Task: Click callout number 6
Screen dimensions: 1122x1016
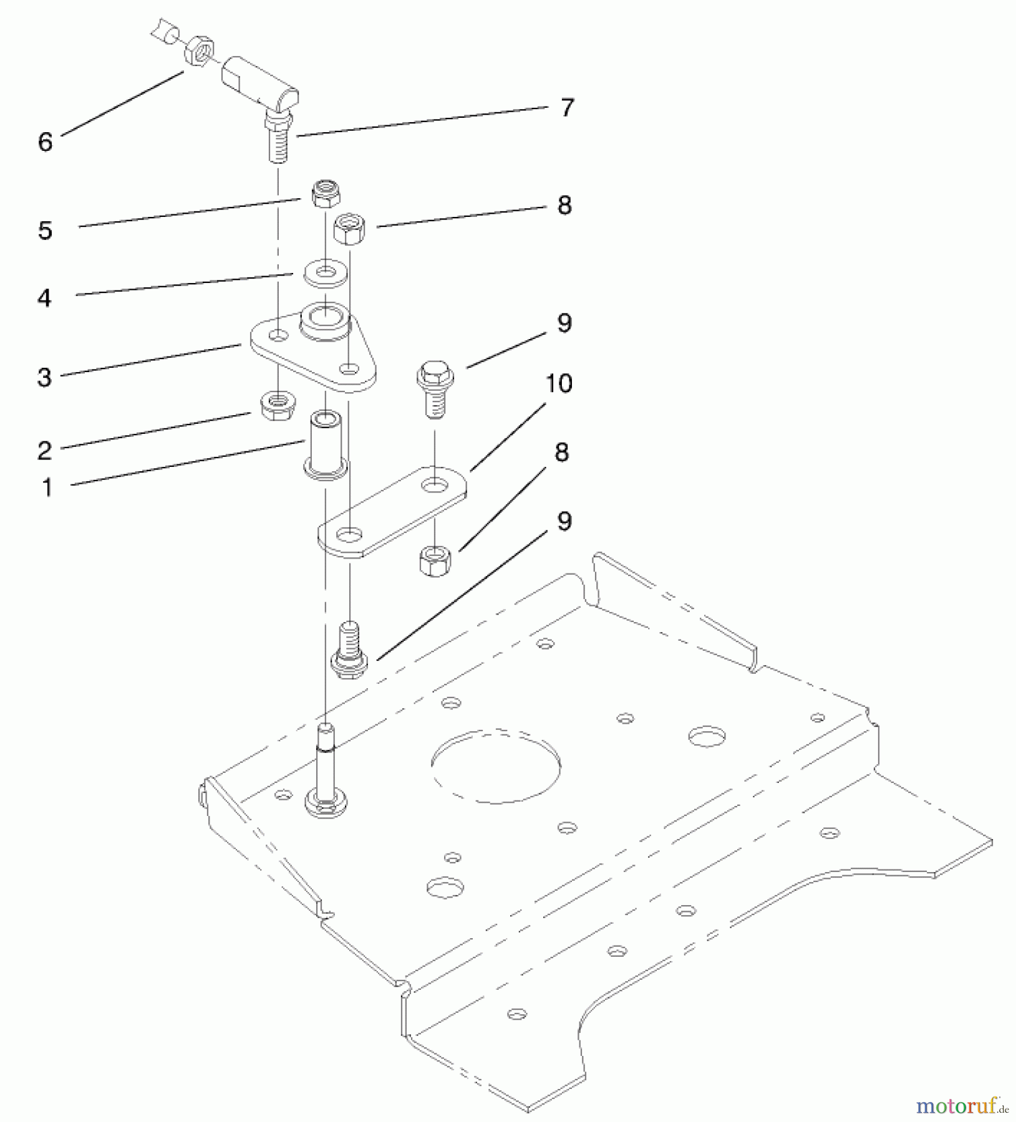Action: [x=45, y=142]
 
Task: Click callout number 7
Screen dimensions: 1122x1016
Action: [x=566, y=108]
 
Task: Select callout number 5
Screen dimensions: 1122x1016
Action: [x=45, y=231]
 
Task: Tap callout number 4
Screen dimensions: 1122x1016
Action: [x=44, y=298]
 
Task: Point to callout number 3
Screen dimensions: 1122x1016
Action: [x=44, y=377]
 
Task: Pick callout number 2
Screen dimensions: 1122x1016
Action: [x=44, y=451]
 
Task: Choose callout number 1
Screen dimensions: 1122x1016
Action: [x=47, y=487]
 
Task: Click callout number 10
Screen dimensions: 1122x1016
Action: [x=559, y=383]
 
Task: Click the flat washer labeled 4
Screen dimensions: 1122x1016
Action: [x=325, y=273]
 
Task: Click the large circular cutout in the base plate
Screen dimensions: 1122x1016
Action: [x=496, y=765]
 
